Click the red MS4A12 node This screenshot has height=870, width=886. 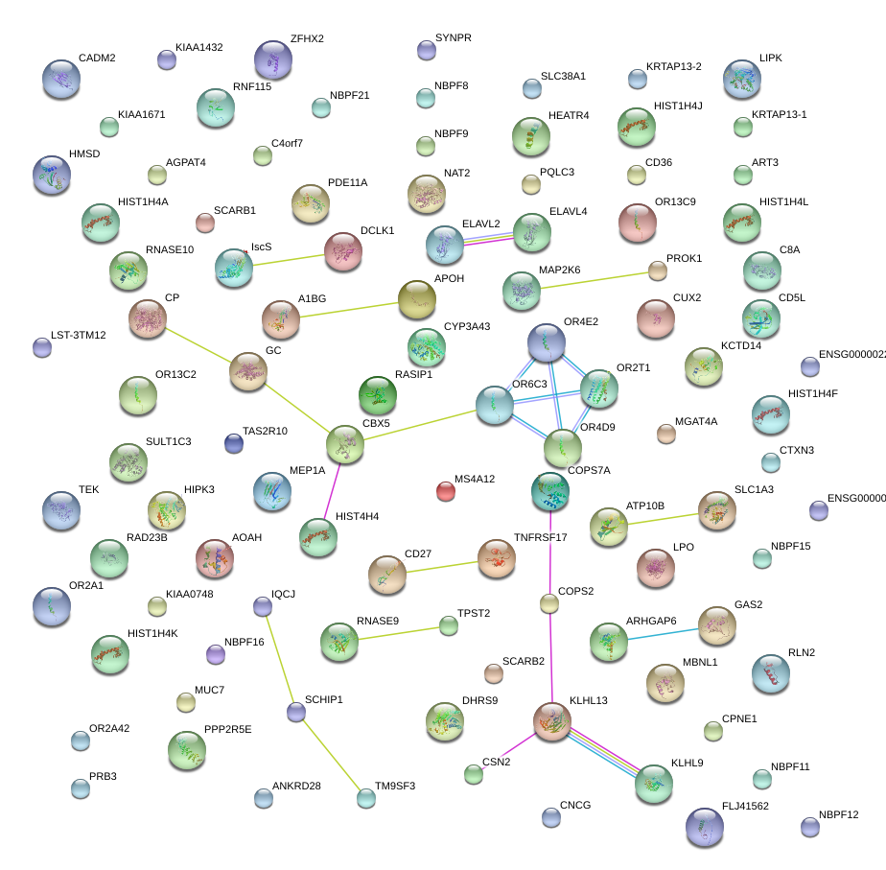click(x=446, y=491)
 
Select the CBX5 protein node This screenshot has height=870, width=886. click(x=344, y=443)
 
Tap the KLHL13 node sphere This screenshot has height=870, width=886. click(x=552, y=720)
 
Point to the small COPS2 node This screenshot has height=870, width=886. click(x=549, y=603)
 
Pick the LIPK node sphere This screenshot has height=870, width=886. click(x=742, y=79)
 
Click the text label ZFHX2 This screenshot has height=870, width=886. click(x=307, y=39)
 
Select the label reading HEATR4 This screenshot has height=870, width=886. click(x=569, y=116)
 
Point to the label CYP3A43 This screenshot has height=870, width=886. click(x=467, y=327)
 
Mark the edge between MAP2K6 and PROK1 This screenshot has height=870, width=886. click(x=590, y=280)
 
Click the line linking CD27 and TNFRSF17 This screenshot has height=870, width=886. click(x=441, y=566)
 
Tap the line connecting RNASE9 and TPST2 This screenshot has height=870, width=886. click(x=394, y=634)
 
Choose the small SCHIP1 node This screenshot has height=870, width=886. click(x=296, y=712)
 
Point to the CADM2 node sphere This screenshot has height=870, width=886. click(x=62, y=79)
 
